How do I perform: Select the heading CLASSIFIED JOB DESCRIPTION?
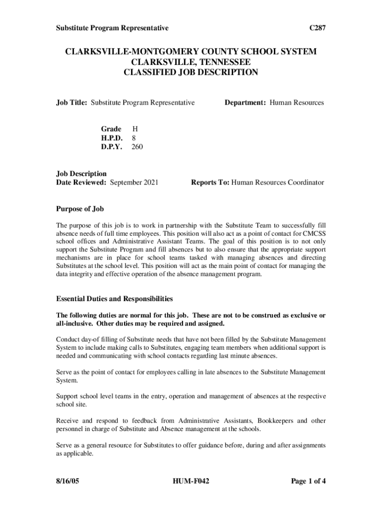pyautogui.click(x=191, y=72)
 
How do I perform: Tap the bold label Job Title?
pyautogui.click(x=72, y=103)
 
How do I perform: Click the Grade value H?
pyautogui.click(x=134, y=129)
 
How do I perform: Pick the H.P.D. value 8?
pyautogui.click(x=133, y=138)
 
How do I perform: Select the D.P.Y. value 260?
pyautogui.click(x=137, y=147)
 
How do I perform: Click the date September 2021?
pyautogui.click(x=134, y=183)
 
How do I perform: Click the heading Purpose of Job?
pyautogui.click(x=80, y=209)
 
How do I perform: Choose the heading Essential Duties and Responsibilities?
pyautogui.click(x=114, y=299)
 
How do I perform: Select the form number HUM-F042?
pyautogui.click(x=191, y=481)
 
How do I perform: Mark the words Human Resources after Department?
pyautogui.click(x=297, y=103)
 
